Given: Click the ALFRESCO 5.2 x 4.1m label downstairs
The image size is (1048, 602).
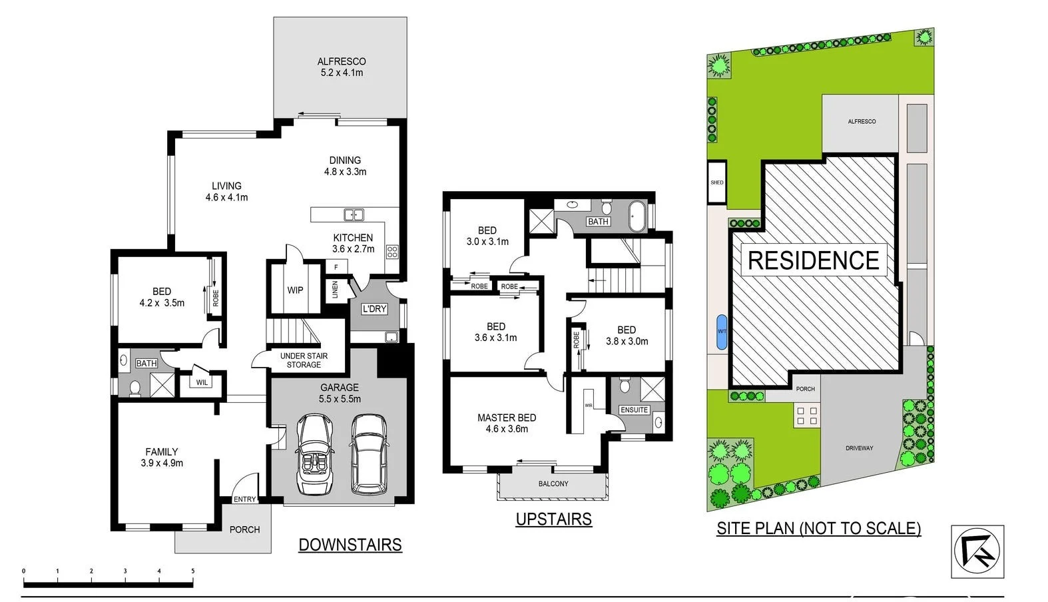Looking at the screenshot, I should (342, 67).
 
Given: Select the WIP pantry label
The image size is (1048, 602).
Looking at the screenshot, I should (295, 290).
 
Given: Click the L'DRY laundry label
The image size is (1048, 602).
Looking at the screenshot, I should (374, 309).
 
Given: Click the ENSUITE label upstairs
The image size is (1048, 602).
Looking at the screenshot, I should (634, 410).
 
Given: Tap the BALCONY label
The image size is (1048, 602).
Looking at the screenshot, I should (553, 484).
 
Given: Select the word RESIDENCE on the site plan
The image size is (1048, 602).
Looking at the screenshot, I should (813, 260).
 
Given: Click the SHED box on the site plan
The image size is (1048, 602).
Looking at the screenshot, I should (716, 182).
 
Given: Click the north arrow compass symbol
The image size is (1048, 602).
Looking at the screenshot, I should (977, 551).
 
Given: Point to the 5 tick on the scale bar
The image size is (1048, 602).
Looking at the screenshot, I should (193, 571).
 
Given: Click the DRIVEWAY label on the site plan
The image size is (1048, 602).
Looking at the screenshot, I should (859, 448).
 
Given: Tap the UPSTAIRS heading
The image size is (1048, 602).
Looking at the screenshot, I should (553, 519).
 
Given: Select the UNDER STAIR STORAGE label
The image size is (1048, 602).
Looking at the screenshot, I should (304, 360).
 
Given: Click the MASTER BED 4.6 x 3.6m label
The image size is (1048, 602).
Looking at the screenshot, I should (507, 424).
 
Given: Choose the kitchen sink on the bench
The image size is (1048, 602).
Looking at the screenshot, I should (354, 214).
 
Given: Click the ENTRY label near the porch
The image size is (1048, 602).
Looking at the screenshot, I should (244, 499).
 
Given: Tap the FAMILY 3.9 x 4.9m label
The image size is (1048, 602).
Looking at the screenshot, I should (162, 457).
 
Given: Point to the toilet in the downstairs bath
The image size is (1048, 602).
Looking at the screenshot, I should (135, 388).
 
